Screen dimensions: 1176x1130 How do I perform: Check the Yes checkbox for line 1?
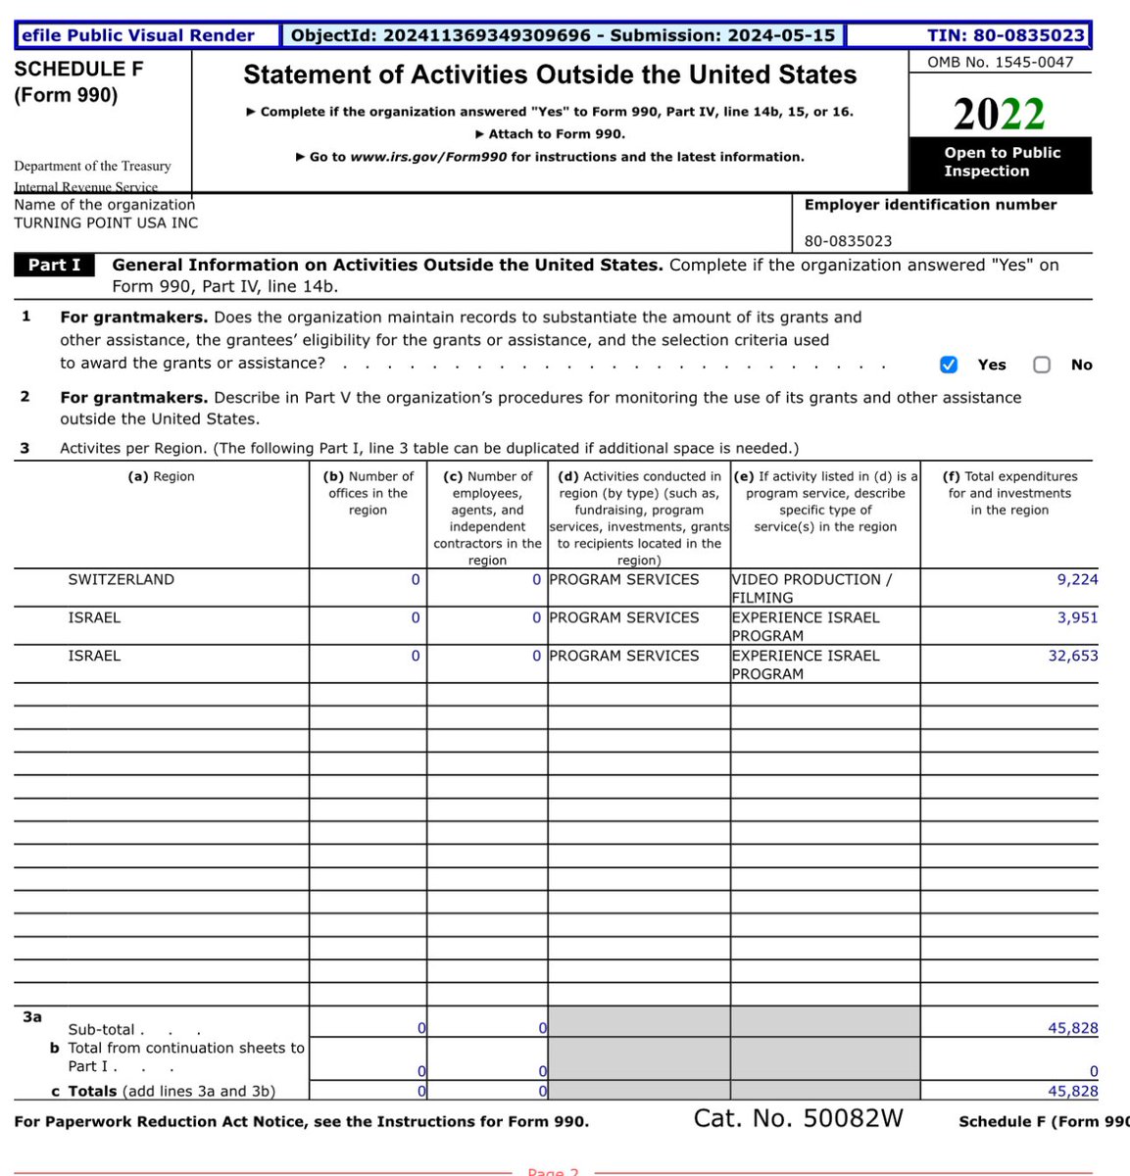(x=948, y=365)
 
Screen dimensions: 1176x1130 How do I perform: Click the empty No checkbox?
(x=1042, y=365)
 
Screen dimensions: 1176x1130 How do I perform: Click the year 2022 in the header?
(x=999, y=115)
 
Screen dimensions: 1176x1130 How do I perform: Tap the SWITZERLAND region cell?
(x=121, y=579)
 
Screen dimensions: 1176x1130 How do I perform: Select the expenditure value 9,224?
(x=1077, y=579)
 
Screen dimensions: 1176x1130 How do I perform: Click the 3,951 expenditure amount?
(x=1077, y=617)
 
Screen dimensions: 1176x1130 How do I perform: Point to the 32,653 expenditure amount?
(x=1072, y=656)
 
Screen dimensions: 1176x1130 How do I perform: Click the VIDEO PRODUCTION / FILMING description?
(x=811, y=588)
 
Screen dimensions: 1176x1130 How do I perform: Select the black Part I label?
(x=54, y=265)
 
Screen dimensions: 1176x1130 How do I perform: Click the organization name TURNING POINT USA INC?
(x=106, y=222)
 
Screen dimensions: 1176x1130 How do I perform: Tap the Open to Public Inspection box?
(x=1001, y=162)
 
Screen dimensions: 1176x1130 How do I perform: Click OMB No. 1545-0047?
(x=1000, y=61)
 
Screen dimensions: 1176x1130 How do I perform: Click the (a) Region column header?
(x=161, y=476)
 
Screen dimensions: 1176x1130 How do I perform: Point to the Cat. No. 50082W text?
(x=798, y=1118)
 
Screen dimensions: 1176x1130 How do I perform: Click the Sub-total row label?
(x=101, y=1029)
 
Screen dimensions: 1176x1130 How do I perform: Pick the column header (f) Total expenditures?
(x=1009, y=493)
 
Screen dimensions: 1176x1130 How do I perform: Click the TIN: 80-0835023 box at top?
(x=1006, y=35)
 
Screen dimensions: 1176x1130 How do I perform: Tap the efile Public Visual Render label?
(x=137, y=35)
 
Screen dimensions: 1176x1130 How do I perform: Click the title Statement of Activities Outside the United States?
(x=550, y=74)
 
